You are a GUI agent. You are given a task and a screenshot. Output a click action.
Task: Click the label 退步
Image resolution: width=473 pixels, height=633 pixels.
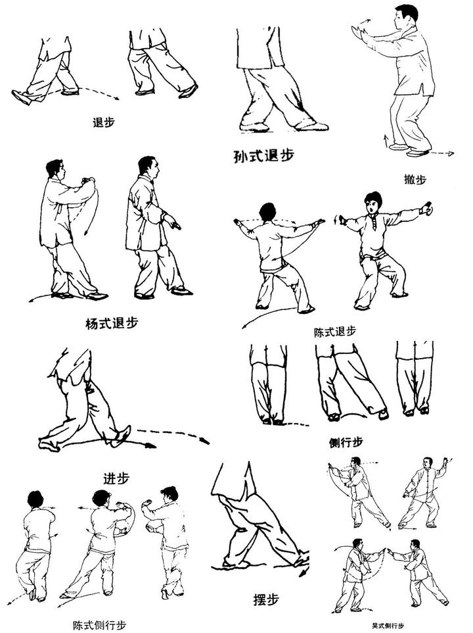pyautogui.click(x=104, y=122)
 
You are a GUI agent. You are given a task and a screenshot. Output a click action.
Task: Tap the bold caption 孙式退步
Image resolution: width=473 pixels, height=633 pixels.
pyautogui.click(x=264, y=155)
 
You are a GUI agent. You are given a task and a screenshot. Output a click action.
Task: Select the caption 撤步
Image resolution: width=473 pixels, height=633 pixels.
pyautogui.click(x=415, y=179)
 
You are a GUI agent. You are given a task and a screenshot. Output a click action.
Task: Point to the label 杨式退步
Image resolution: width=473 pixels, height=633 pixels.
pyautogui.click(x=112, y=323)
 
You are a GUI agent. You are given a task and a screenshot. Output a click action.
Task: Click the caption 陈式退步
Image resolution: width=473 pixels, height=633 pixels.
pyautogui.click(x=335, y=332)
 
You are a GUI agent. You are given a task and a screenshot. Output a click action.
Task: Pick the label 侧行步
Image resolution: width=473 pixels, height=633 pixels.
pyautogui.click(x=346, y=443)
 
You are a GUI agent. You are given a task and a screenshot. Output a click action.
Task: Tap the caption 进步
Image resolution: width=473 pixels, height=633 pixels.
pyautogui.click(x=116, y=478)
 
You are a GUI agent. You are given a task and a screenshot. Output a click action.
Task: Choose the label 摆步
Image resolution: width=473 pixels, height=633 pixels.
pyautogui.click(x=266, y=599)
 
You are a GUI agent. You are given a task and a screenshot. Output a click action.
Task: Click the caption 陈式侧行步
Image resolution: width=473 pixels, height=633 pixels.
pyautogui.click(x=99, y=625)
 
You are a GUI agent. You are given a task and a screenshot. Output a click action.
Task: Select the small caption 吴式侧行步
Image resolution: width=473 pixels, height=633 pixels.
pyautogui.click(x=388, y=626)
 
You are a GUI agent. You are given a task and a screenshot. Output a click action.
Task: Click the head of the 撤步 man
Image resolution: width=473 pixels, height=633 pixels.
pyautogui.click(x=405, y=16)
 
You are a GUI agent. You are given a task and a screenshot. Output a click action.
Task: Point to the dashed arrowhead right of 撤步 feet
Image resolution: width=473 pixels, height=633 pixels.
pyautogui.click(x=451, y=153)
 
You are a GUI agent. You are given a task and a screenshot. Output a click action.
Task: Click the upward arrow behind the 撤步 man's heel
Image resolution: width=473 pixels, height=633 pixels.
pyautogui.click(x=386, y=141)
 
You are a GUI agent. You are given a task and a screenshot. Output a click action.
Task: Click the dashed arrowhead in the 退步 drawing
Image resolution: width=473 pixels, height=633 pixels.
pyautogui.click(x=116, y=97)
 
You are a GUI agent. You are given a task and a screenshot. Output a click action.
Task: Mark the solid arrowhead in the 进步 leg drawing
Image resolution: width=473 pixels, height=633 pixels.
pyautogui.click(x=150, y=445)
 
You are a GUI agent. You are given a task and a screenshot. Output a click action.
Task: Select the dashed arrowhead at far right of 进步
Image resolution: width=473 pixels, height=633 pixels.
pyautogui.click(x=206, y=441)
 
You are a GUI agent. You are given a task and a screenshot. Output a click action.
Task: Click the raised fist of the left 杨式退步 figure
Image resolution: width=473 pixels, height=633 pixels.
pyautogui.click(x=87, y=180)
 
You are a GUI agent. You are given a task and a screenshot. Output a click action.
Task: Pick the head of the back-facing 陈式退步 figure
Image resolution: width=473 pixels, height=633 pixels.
pyautogui.click(x=267, y=213)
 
